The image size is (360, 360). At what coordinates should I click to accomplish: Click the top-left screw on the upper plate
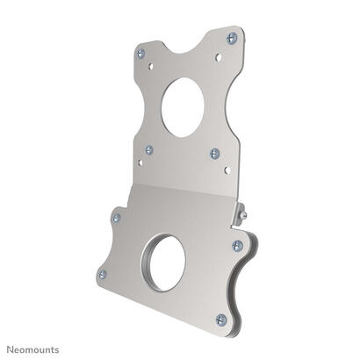pos(140,54)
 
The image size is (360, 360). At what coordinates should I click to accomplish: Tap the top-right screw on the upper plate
pos(232,38)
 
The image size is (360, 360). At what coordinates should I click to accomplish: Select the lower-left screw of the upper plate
pos(149,150)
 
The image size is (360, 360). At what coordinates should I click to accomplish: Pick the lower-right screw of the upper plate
pos(215,153)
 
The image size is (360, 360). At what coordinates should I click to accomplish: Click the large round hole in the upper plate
pos(183,107)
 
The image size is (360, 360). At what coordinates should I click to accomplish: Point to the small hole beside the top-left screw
pos(151,65)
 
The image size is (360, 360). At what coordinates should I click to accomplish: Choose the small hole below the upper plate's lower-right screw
pos(227,169)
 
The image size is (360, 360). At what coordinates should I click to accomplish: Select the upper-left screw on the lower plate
pos(116,217)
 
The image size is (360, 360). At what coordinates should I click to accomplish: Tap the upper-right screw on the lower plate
pos(237,246)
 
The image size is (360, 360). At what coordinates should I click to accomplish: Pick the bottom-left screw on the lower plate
pos(102,274)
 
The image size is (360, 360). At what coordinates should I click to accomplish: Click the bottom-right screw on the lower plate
pos(221,320)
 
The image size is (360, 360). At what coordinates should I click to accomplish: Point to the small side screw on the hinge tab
pos(242,213)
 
